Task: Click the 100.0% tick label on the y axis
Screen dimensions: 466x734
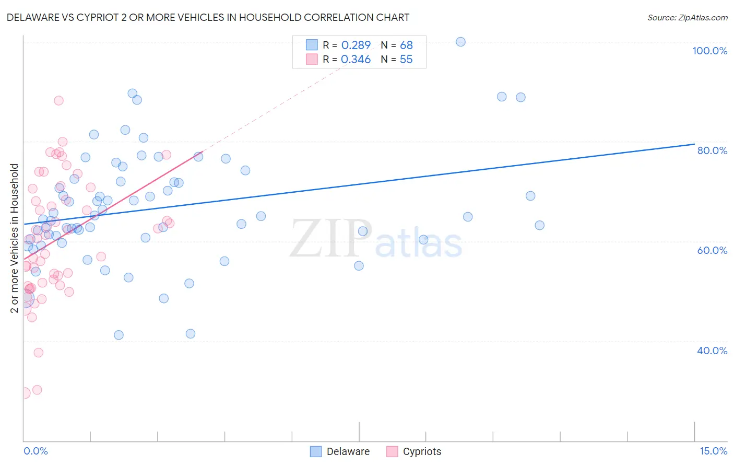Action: (x=709, y=51)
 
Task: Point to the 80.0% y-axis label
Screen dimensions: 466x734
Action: (x=712, y=150)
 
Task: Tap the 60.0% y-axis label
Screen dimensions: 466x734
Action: (x=712, y=250)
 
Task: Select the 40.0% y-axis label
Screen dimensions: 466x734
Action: (x=712, y=351)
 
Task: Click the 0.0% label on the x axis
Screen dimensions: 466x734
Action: (x=35, y=451)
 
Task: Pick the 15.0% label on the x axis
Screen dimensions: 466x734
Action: (x=713, y=451)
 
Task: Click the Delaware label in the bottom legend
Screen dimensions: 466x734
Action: (x=348, y=451)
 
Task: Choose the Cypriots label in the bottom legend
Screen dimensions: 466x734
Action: (x=422, y=451)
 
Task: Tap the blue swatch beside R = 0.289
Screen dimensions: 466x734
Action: (x=312, y=45)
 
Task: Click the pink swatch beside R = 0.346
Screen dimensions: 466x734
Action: (x=312, y=59)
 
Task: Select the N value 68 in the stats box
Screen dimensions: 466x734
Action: (x=406, y=45)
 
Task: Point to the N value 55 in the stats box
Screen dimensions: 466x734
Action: (x=406, y=59)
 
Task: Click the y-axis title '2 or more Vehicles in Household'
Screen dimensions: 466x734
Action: (x=15, y=238)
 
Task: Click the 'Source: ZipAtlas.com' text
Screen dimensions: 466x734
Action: (x=687, y=17)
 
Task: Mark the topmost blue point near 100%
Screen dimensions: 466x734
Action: (x=460, y=42)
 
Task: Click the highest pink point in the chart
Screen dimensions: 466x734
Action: (x=58, y=100)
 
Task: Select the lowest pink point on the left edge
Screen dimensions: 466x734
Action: (x=24, y=393)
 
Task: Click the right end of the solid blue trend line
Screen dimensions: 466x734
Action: (x=694, y=144)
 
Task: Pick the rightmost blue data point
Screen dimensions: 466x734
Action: (x=539, y=225)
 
